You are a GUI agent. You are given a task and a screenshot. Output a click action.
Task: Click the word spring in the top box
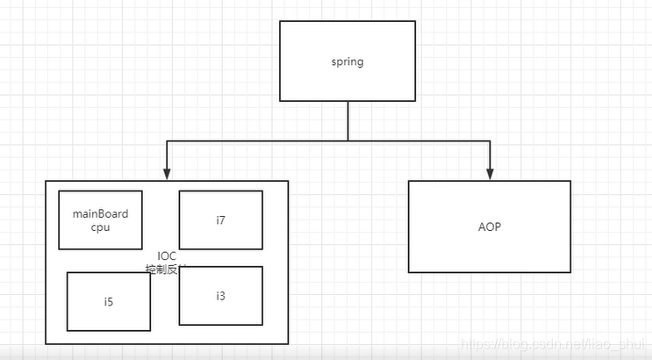pos(347,61)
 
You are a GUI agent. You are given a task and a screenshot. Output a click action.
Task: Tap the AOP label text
pos(490,227)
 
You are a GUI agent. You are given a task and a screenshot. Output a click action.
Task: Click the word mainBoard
pos(100,213)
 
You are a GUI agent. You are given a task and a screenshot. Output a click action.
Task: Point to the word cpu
pos(100,227)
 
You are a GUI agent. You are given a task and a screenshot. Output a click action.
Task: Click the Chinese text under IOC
pos(161,268)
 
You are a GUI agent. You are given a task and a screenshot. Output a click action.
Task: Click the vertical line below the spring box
pos(348,119)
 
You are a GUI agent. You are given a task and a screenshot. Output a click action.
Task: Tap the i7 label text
pos(220,220)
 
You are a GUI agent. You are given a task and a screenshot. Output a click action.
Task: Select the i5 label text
pos(108,302)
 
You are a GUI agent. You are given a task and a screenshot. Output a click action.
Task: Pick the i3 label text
pos(220,296)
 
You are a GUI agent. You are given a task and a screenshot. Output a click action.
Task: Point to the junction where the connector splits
pos(348,140)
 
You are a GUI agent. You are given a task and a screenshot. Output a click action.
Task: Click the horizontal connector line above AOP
pos(421,140)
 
